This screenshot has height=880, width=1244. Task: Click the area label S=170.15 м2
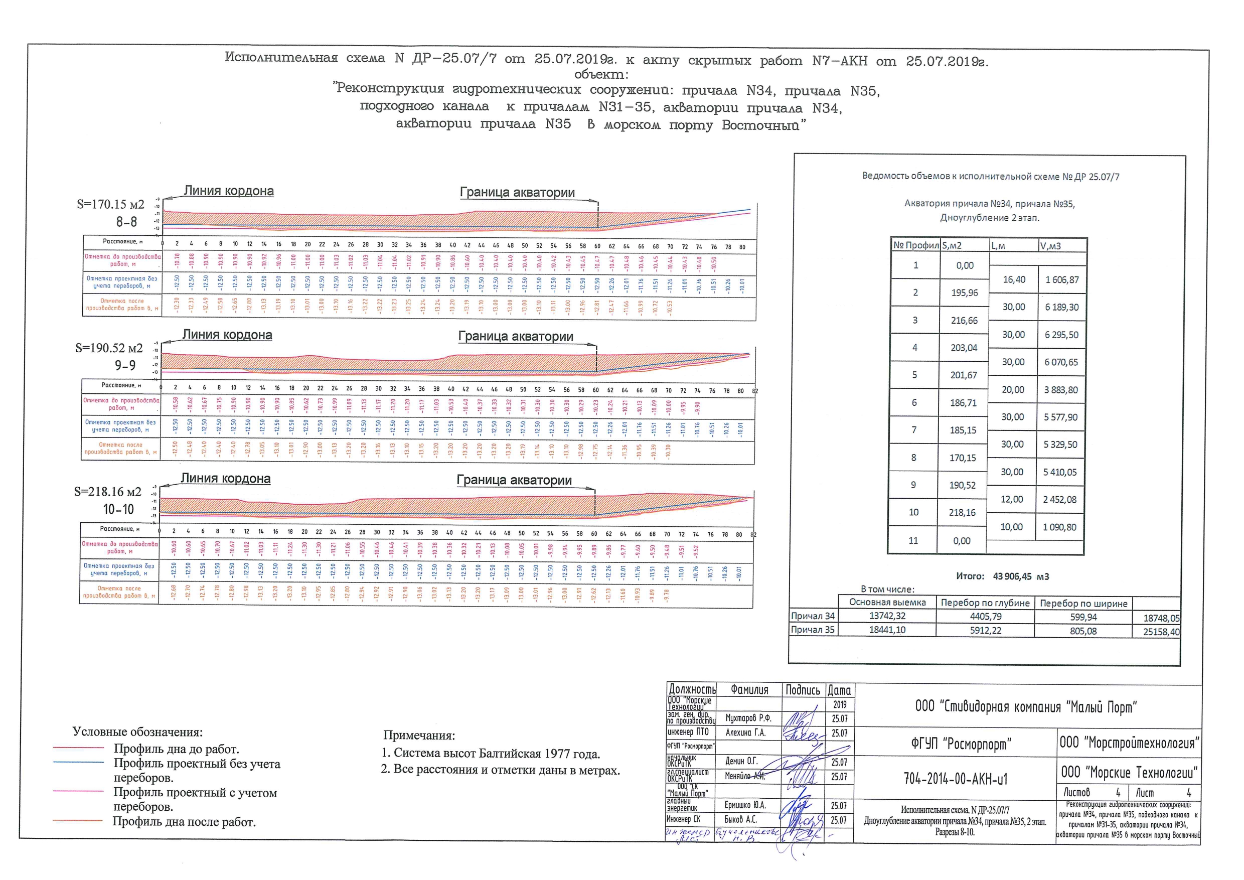110,204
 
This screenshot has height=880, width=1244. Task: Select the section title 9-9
125,366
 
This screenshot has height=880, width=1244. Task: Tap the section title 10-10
119,509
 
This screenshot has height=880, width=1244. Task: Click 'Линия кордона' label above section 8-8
229,191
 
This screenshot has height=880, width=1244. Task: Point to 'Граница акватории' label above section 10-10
514,480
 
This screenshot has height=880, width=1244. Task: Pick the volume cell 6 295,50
1061,335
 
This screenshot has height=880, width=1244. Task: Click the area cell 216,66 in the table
965,320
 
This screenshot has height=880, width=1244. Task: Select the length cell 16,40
1014,279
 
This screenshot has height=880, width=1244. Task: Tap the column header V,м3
1050,246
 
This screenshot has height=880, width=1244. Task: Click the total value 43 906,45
1012,576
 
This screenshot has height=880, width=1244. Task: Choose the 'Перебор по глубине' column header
985,603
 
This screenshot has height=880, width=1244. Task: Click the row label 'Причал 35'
813,630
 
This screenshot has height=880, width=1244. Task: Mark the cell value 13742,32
887,616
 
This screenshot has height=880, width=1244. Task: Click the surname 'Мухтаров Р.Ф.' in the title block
748,718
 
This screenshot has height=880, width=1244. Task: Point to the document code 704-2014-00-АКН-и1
956,779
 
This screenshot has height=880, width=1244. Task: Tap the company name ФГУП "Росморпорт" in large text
955,744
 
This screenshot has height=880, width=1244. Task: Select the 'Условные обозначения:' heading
137,732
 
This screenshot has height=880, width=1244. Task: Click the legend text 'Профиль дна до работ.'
176,750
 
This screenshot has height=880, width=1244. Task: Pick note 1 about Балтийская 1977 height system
491,754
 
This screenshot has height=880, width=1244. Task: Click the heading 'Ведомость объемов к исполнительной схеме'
990,177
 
